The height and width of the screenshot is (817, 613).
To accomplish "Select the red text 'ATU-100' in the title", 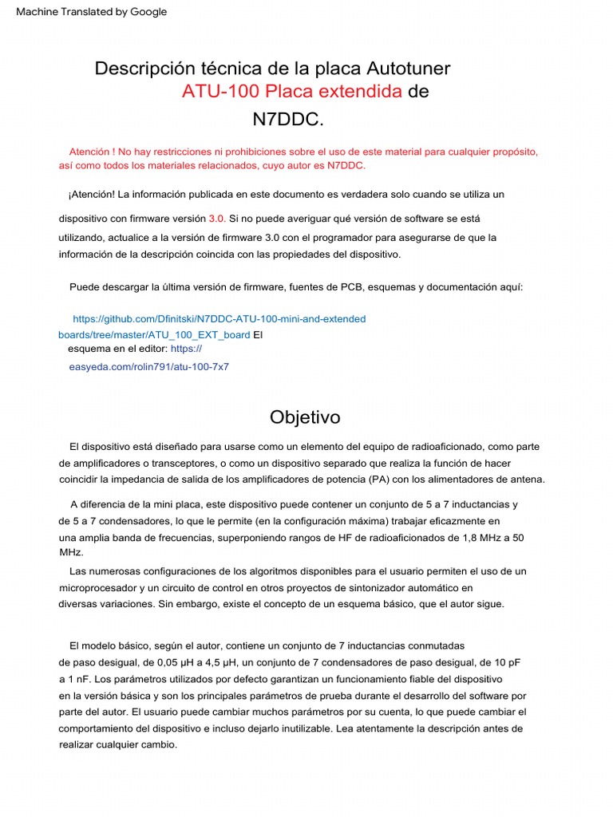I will tap(221, 92).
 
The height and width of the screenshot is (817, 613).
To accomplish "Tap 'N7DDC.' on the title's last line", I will tap(288, 119).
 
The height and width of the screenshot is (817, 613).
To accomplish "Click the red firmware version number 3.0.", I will tap(217, 218).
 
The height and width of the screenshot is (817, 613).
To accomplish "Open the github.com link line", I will tap(219, 319).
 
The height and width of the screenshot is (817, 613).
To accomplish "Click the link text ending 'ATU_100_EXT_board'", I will tap(154, 335).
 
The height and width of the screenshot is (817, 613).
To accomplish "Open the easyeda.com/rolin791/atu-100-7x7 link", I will tap(149, 367).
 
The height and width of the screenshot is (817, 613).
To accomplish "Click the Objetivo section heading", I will tap(305, 417).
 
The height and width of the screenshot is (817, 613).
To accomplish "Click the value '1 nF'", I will tap(78, 680).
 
